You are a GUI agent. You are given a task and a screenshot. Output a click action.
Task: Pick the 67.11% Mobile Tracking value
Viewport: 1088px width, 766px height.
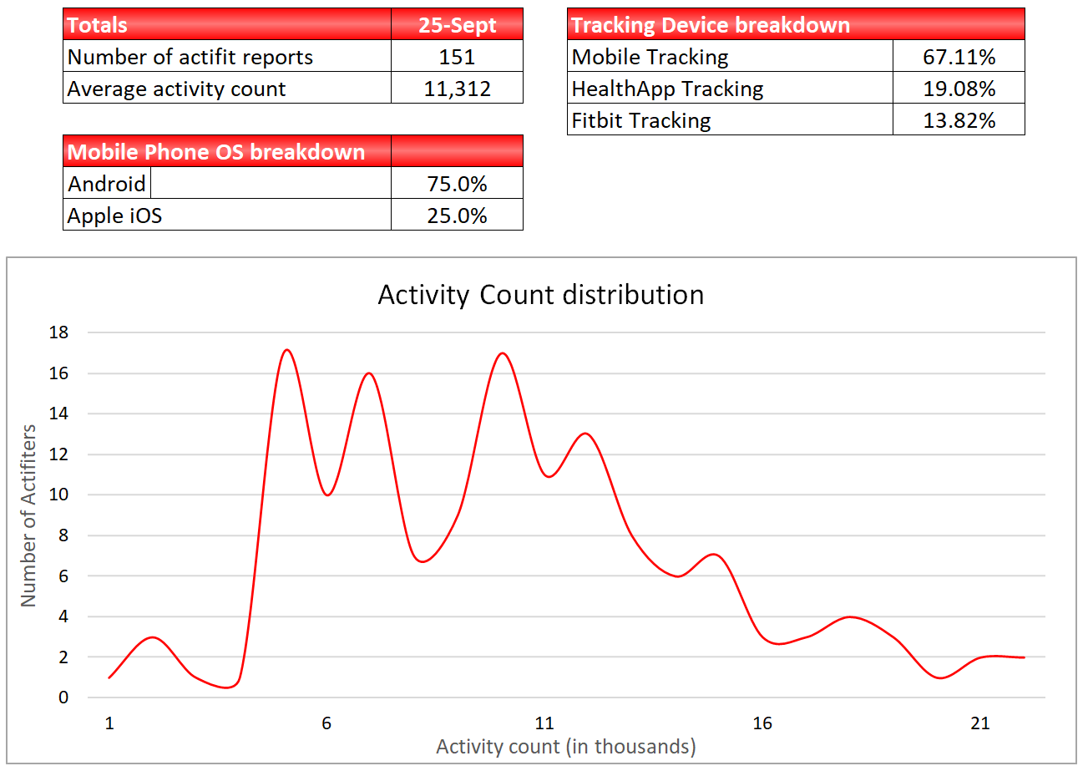[x=959, y=57]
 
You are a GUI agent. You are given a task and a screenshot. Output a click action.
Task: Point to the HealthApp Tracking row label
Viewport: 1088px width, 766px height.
[x=667, y=89]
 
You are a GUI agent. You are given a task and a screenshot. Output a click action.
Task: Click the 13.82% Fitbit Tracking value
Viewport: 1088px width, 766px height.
[x=959, y=120]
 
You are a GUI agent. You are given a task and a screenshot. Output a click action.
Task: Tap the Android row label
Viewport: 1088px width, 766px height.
[x=107, y=184]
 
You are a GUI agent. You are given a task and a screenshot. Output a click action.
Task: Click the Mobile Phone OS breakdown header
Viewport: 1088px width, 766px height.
[x=216, y=152]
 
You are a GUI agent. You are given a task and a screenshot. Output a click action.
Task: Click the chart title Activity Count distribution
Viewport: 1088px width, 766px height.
[x=540, y=295]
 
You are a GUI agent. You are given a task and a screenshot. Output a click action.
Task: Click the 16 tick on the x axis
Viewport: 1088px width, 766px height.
[x=762, y=723]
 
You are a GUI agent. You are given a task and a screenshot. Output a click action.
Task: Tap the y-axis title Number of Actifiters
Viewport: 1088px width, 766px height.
[x=29, y=515]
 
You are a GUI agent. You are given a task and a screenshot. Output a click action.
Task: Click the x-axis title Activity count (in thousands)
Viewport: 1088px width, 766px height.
[x=565, y=746]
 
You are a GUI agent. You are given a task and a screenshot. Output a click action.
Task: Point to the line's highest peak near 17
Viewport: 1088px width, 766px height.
[x=286, y=350]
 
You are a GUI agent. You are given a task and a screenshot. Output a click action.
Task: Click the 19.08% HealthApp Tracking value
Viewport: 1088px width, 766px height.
[x=959, y=89]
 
